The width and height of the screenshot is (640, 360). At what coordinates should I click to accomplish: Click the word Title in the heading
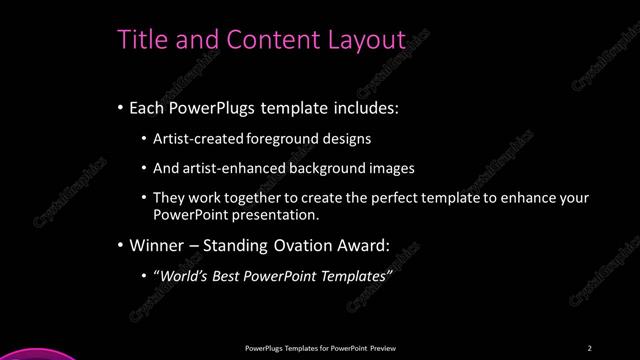pyautogui.click(x=142, y=39)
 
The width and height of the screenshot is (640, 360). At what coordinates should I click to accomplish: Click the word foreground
pyautogui.click(x=270, y=139)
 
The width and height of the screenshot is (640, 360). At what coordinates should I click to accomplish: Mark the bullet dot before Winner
pyautogui.click(x=121, y=245)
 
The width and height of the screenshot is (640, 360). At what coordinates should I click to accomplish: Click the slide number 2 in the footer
pyautogui.click(x=589, y=347)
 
